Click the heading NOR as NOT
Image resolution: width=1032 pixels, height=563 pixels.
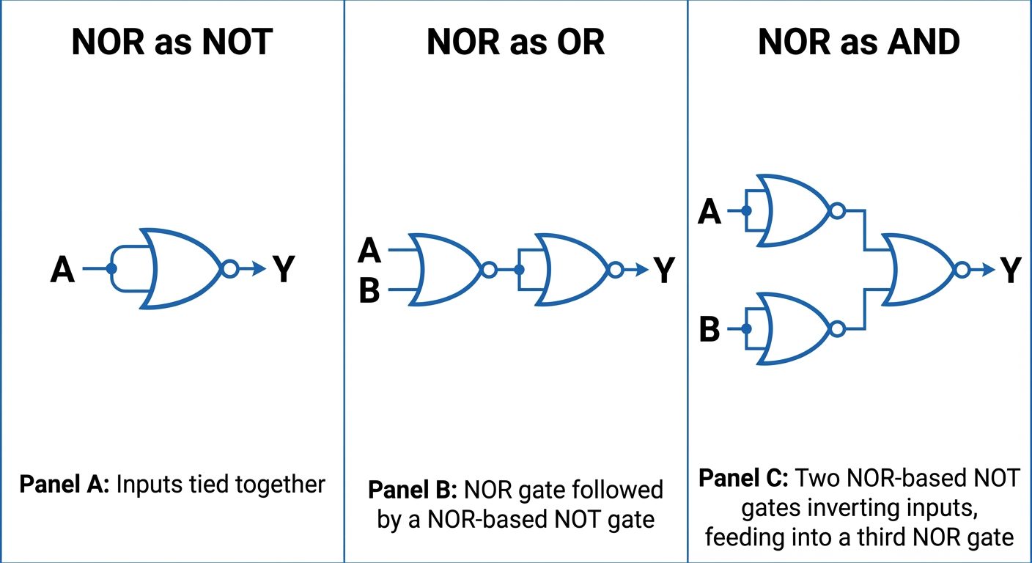pyautogui.click(x=172, y=43)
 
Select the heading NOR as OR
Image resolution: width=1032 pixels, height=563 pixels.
pyautogui.click(x=515, y=43)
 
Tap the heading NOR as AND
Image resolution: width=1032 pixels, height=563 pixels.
pyautogui.click(x=859, y=43)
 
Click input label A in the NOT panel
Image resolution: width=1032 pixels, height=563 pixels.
pyautogui.click(x=63, y=270)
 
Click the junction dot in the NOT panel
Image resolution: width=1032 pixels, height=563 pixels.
pyautogui.click(x=111, y=269)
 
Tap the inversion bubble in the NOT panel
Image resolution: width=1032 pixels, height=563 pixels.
pyautogui.click(x=229, y=269)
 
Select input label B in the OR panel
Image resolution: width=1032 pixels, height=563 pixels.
pyautogui.click(x=369, y=291)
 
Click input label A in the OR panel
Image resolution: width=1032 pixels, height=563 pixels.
pyautogui.click(x=369, y=251)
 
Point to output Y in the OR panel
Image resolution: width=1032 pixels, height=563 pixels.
pyautogui.click(x=664, y=271)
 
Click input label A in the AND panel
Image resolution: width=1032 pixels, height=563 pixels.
pyautogui.click(x=709, y=212)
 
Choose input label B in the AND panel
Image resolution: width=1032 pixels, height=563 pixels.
pyautogui.click(x=709, y=330)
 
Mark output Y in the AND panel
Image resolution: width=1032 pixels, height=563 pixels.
pyautogui.click(x=1011, y=271)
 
